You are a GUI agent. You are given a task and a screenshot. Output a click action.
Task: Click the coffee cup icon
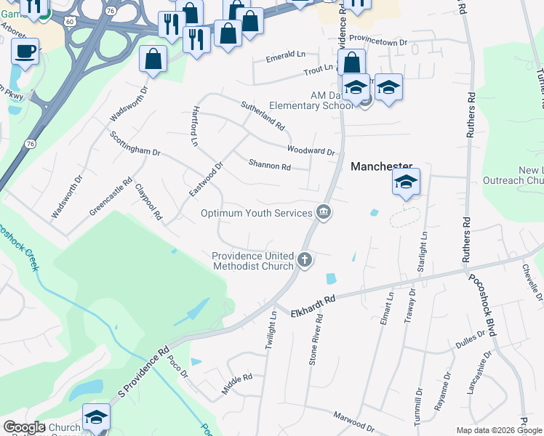pyautogui.click(x=25, y=52)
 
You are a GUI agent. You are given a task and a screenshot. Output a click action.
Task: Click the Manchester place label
pyautogui.click(x=382, y=166)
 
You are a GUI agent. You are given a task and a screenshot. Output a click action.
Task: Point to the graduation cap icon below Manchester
pyautogui.click(x=406, y=182)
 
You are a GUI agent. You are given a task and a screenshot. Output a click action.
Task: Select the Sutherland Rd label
pyautogui.click(x=263, y=116)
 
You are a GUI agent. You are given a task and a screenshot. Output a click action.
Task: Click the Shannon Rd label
pyautogui.click(x=269, y=166)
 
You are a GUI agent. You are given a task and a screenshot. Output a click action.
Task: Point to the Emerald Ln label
pyautogui.click(x=286, y=55)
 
